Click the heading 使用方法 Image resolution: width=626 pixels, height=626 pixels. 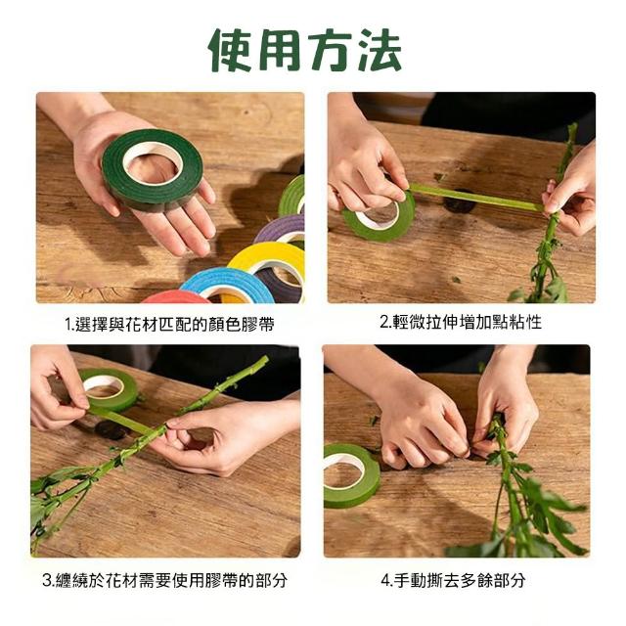(x=305, y=51)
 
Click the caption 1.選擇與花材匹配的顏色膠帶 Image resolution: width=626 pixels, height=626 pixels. (x=169, y=324)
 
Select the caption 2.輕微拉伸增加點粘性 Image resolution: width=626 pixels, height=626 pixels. (x=461, y=322)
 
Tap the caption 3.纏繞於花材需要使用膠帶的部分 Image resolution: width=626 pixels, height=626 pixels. (x=164, y=580)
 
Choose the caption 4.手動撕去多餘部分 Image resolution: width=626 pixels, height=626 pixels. (x=452, y=580)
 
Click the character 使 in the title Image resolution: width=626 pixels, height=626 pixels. (x=229, y=51)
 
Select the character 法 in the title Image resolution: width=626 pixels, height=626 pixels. (x=380, y=51)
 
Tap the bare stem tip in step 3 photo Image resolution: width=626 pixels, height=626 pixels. (x=263, y=360)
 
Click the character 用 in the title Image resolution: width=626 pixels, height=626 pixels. (x=280, y=51)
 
